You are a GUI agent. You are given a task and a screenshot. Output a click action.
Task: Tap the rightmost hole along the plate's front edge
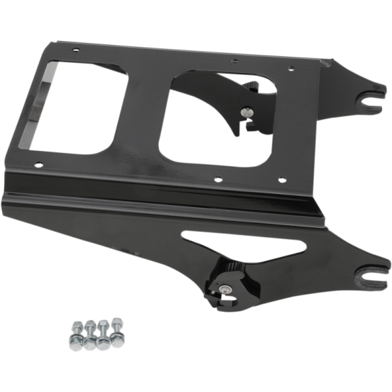tap(282, 179)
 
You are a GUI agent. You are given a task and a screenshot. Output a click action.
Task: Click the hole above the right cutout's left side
tap(234, 61)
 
